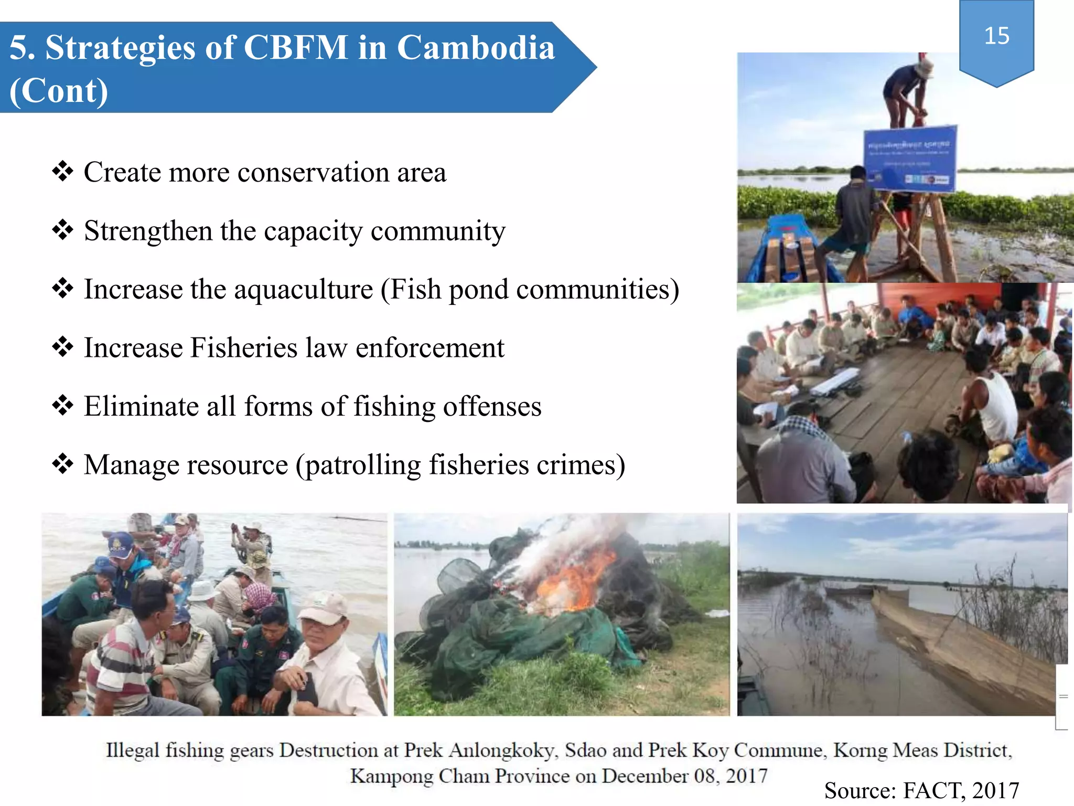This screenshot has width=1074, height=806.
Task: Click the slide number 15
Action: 996,36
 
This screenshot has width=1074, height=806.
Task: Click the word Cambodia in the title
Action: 476,48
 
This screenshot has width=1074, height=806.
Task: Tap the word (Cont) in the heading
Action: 59,91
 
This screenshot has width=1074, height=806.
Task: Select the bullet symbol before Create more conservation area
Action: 63,171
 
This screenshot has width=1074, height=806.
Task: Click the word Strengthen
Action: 148,231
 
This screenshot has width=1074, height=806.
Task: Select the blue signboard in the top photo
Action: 910,157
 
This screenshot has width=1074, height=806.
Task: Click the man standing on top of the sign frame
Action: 906,92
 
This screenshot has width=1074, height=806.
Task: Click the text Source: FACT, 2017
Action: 921,790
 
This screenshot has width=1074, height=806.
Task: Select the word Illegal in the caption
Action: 132,750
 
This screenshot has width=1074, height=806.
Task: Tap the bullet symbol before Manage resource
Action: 63,464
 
